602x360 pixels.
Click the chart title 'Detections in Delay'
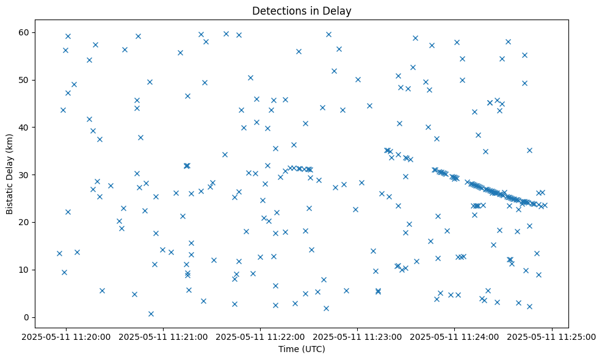click(302, 11)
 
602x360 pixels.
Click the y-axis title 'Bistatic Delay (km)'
click(10, 173)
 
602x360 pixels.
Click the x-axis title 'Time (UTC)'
click(302, 350)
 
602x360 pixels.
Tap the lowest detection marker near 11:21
click(151, 314)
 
